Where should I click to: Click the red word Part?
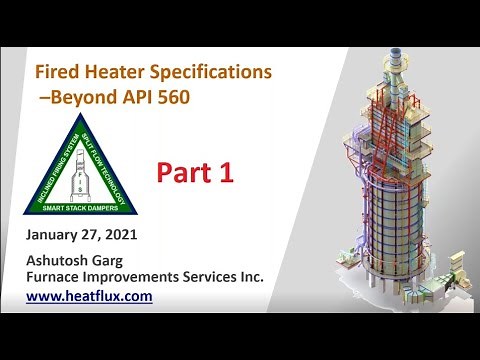pos(186,172)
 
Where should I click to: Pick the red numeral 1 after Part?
pos(226,172)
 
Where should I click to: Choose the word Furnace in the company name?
pos(56,277)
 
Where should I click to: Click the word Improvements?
pos(138,277)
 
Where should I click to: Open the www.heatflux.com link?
pos(89,297)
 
